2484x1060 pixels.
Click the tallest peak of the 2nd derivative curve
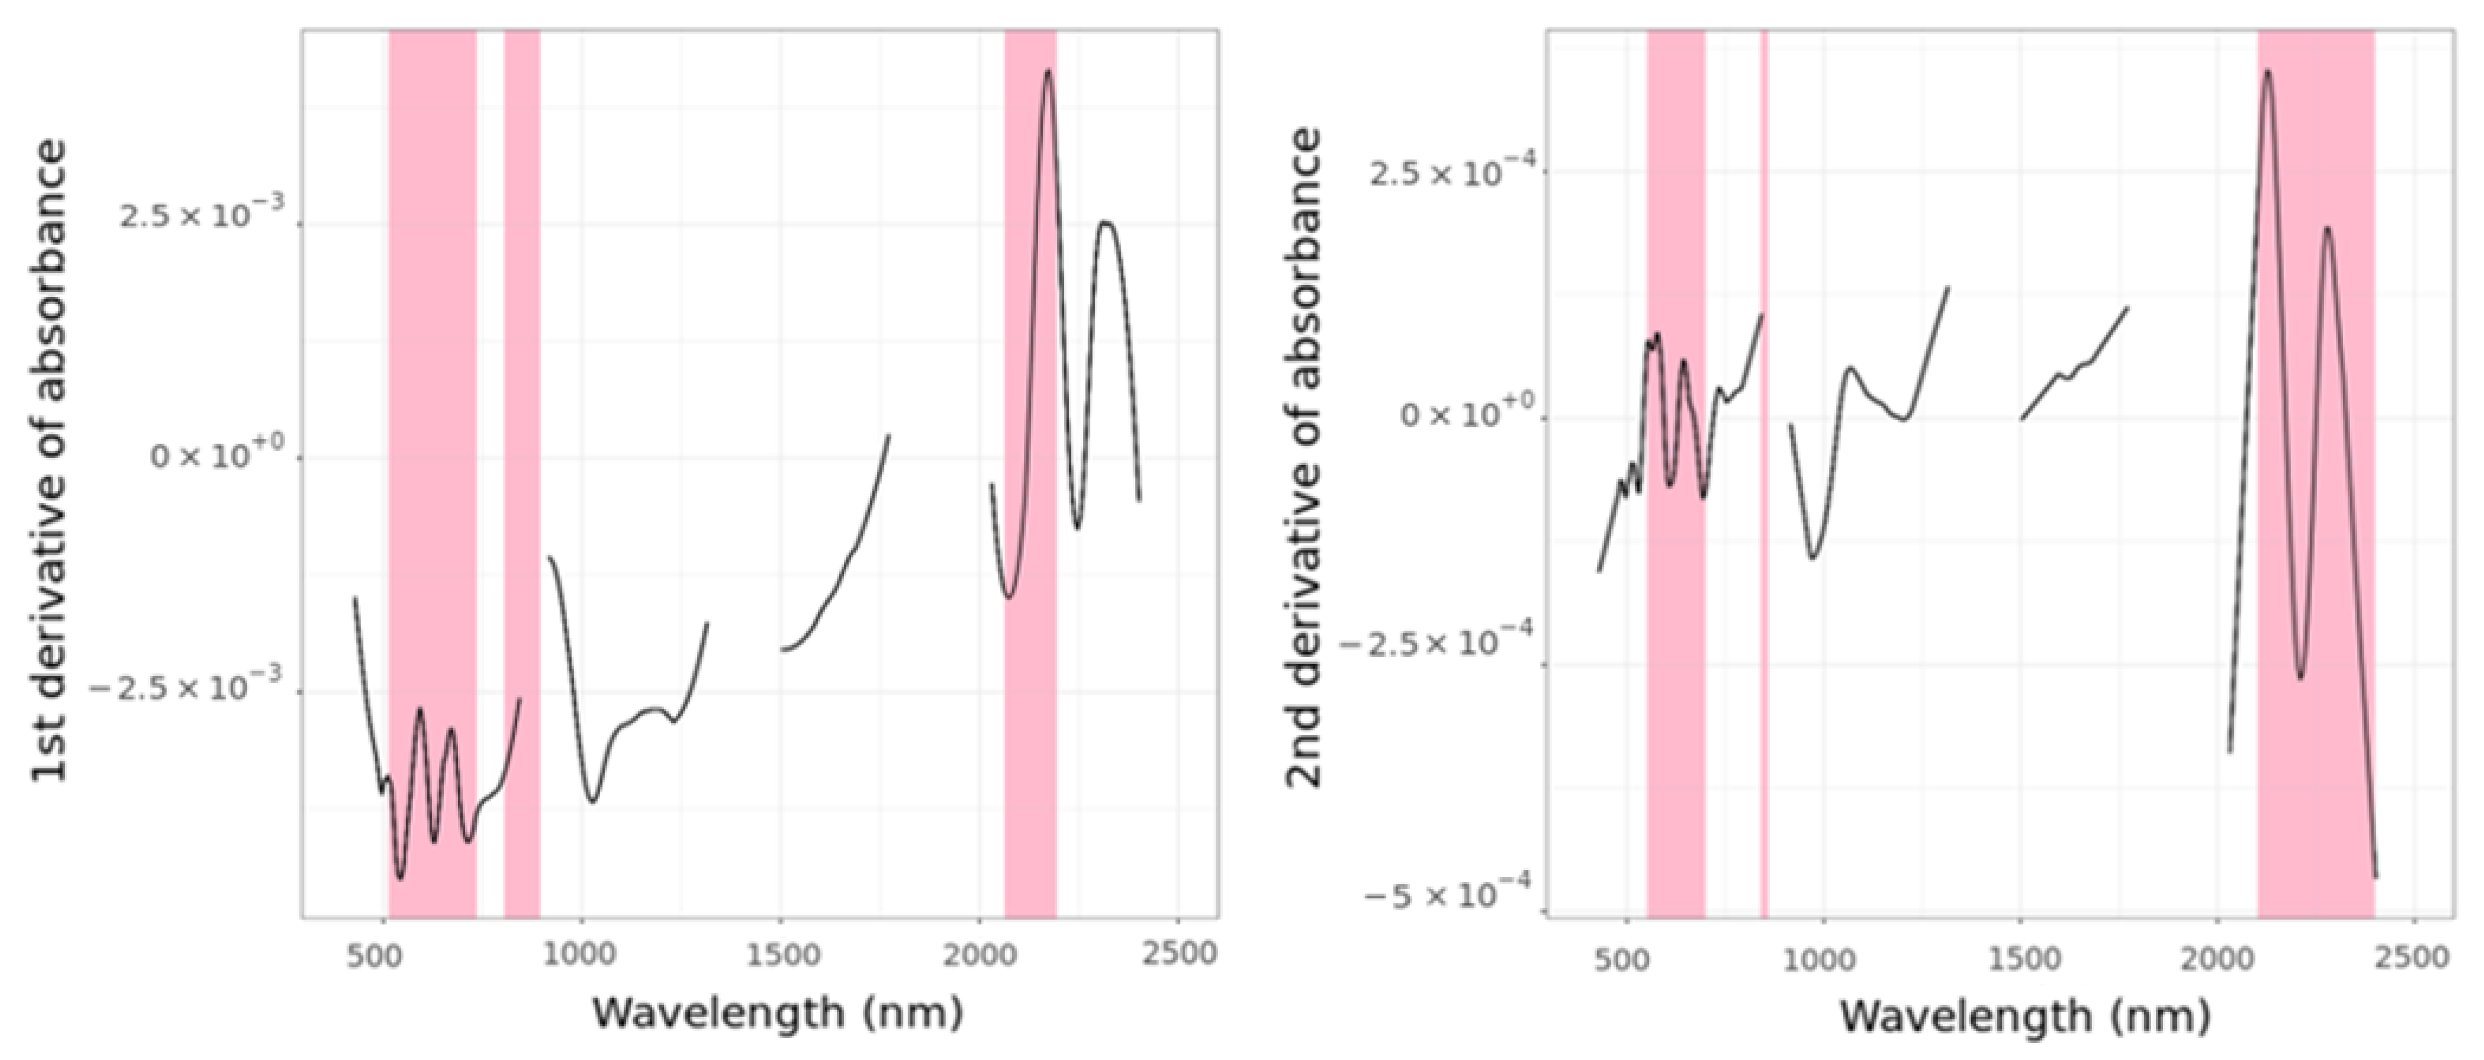pyautogui.click(x=2268, y=71)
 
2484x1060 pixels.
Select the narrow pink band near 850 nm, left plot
pyautogui.click(x=522, y=482)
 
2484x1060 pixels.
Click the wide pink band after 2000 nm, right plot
pyautogui.click(x=2316, y=482)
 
